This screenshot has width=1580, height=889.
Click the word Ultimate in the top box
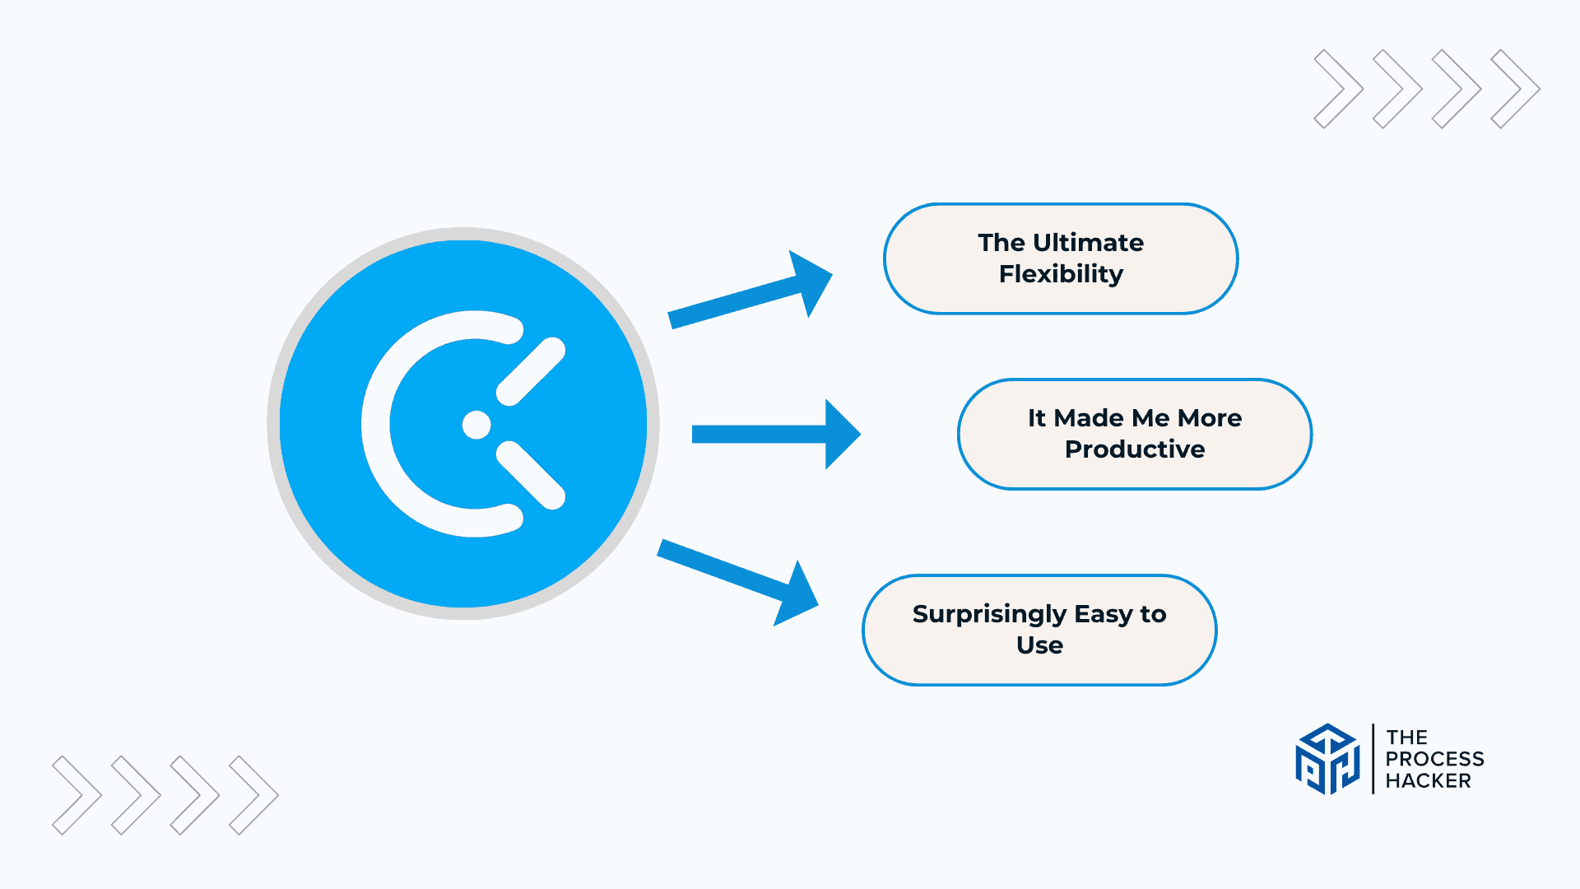tap(1088, 243)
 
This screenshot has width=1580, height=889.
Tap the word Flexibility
tap(1061, 274)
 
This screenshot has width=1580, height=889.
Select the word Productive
tap(1135, 449)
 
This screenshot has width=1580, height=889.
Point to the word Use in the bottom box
tap(1039, 645)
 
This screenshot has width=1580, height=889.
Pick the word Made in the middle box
tap(1090, 418)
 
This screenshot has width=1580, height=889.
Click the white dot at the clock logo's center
tap(476, 425)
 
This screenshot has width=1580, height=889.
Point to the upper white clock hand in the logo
tap(531, 372)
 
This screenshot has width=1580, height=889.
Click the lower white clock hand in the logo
tap(531, 475)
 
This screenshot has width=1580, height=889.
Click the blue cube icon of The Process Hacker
tap(1327, 759)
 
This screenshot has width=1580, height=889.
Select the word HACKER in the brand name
tap(1428, 781)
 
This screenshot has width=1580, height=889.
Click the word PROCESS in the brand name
tap(1434, 759)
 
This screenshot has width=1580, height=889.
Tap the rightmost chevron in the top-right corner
tap(1517, 89)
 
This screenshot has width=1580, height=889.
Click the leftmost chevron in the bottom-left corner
tap(77, 795)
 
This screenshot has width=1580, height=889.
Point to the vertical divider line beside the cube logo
tap(1373, 759)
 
